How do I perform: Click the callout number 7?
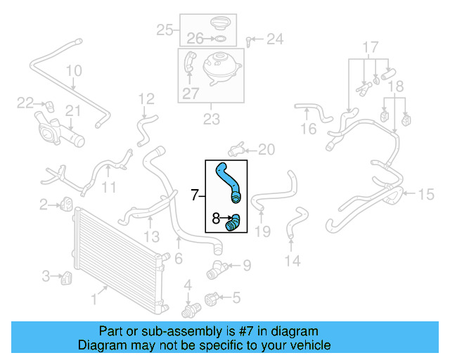(x=195, y=195)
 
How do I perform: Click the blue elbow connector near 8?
(x=233, y=224)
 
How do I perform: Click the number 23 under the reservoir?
(x=212, y=120)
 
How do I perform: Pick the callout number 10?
(x=74, y=71)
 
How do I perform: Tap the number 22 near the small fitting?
(x=25, y=103)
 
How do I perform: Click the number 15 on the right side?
(x=427, y=194)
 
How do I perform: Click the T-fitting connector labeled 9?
(x=216, y=269)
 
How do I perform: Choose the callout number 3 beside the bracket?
(x=46, y=276)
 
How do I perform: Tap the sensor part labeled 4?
(x=188, y=309)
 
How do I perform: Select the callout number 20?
(x=266, y=149)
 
